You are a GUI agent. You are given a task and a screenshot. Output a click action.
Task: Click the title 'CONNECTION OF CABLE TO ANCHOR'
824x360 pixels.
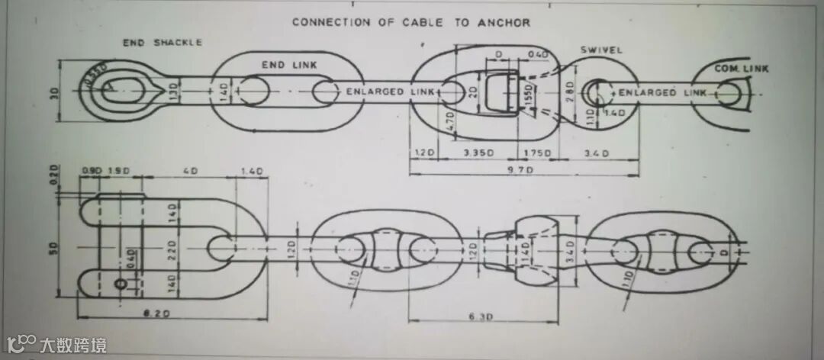point(410,22)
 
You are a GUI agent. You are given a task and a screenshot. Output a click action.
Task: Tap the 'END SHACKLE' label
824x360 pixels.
point(163,43)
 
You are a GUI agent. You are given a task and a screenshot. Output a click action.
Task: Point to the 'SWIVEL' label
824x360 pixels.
point(601,50)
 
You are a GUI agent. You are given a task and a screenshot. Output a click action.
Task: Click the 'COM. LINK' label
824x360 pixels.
point(742,69)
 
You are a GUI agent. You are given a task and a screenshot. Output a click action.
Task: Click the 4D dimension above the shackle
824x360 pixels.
point(188,170)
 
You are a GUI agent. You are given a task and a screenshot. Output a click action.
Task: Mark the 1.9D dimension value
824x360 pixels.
point(117,170)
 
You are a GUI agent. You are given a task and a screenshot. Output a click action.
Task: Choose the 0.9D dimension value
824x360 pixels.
point(92,170)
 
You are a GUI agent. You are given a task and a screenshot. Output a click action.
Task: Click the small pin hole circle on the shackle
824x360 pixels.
point(121,284)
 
